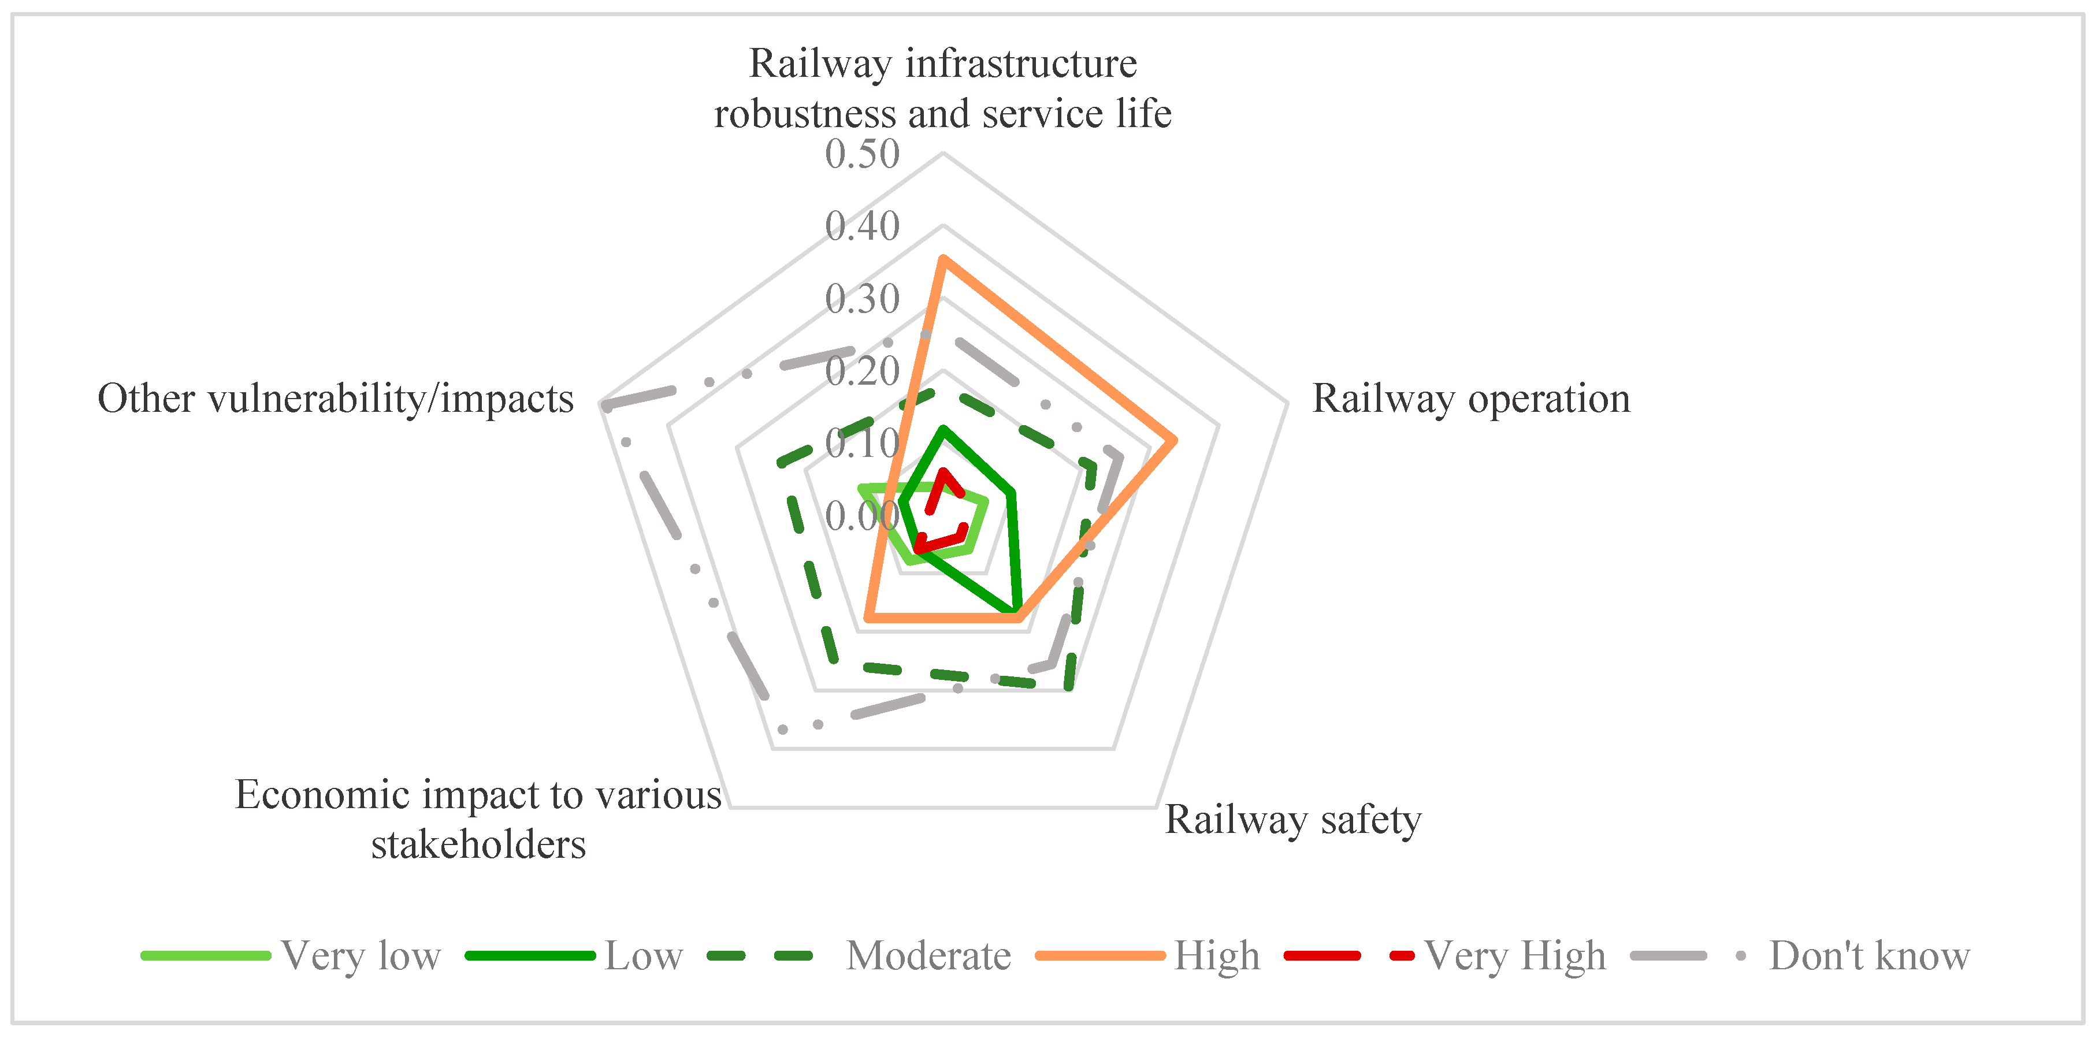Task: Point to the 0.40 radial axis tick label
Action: tap(861, 226)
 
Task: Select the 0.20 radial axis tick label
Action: tap(861, 371)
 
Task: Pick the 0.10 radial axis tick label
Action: tap(861, 443)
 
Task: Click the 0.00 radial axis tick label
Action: tap(861, 516)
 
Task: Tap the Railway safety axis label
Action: tap(1292, 819)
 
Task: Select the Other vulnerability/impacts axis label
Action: tap(336, 399)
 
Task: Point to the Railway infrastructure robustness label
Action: tap(943, 88)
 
